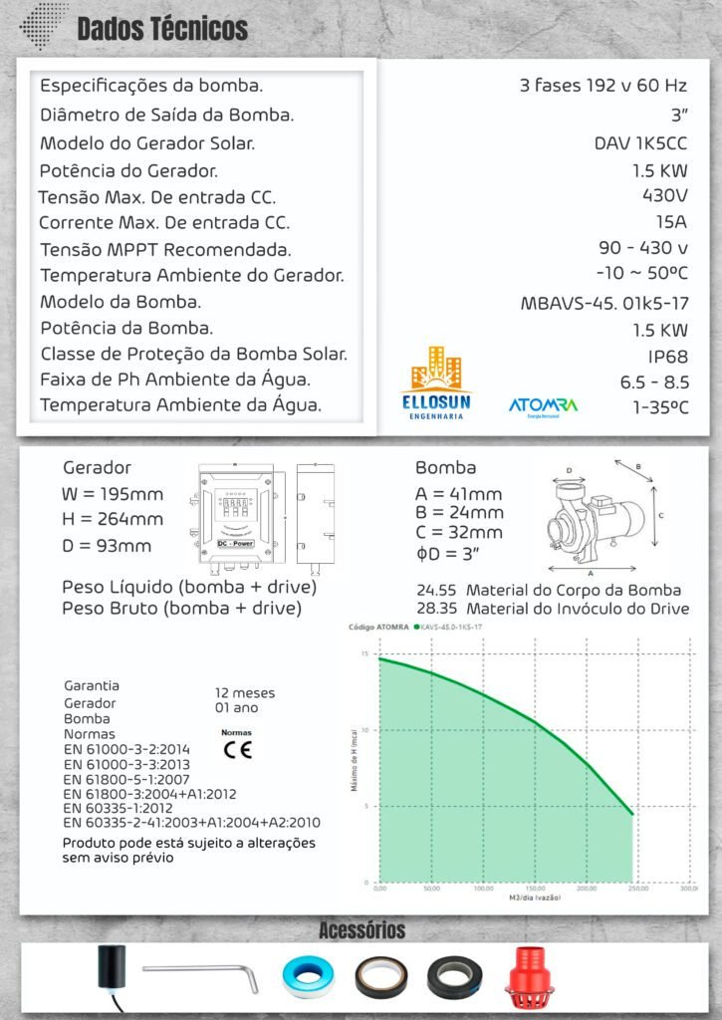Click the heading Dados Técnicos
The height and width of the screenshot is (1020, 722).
coord(162,29)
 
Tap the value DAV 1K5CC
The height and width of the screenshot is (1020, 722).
coord(640,142)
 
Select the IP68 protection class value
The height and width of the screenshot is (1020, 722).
coord(667,356)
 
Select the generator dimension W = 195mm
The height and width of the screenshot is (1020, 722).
coord(113,493)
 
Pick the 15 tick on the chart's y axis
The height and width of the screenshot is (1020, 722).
coord(365,654)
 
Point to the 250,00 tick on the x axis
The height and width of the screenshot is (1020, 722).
coord(633,889)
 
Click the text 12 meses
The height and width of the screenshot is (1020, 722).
coord(245,692)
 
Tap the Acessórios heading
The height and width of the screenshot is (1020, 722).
coord(361,930)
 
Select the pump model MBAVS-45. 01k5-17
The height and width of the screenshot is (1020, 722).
coord(604,302)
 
